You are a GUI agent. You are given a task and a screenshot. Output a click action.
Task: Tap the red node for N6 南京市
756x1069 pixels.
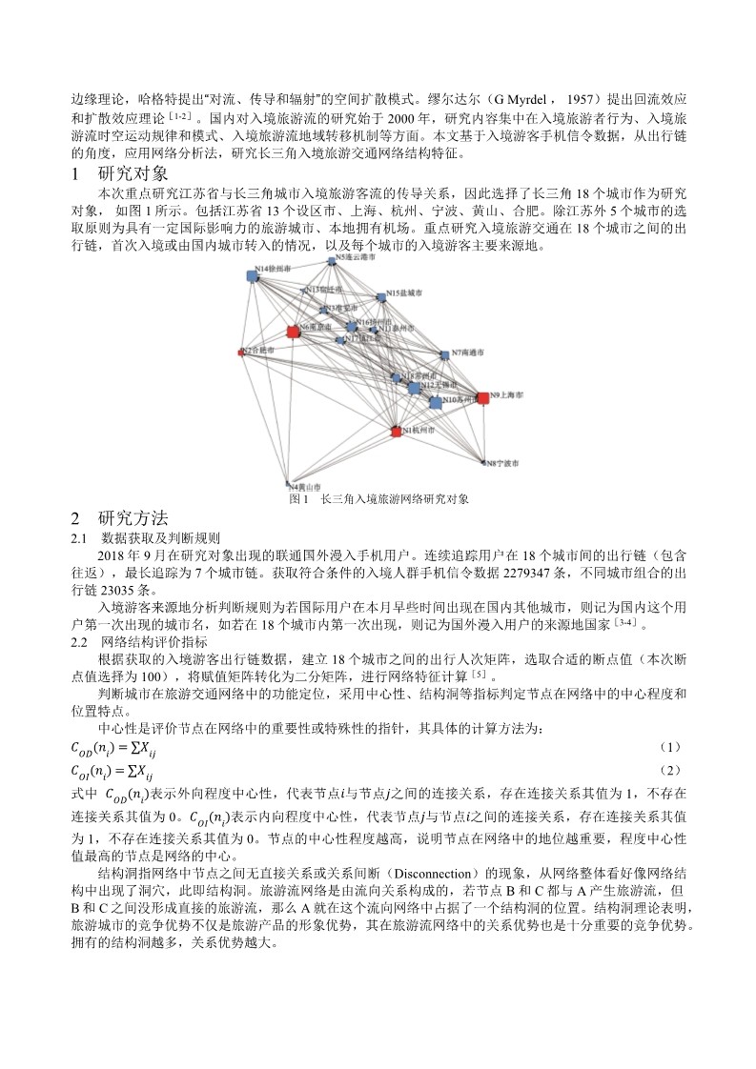[293, 331]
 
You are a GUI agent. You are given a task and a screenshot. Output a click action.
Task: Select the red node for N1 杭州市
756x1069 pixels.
[396, 432]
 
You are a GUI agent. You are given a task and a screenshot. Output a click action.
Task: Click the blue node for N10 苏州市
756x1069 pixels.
[436, 403]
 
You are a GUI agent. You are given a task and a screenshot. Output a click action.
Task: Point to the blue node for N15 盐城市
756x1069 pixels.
[380, 296]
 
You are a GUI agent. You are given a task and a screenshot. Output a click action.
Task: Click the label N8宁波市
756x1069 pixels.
[502, 464]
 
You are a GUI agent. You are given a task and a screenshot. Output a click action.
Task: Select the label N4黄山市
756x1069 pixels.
[304, 486]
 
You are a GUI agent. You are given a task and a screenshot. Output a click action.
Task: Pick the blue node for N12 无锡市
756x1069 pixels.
[414, 388]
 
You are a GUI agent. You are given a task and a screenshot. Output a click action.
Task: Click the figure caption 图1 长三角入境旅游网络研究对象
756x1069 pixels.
[378, 498]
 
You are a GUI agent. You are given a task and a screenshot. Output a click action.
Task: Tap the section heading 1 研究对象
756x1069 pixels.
[120, 174]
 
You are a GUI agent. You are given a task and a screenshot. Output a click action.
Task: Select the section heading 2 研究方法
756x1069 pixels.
[120, 519]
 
